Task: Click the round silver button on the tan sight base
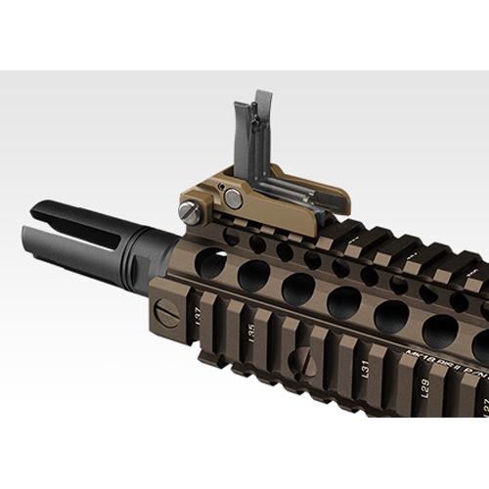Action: pyautogui.click(x=233, y=199)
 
